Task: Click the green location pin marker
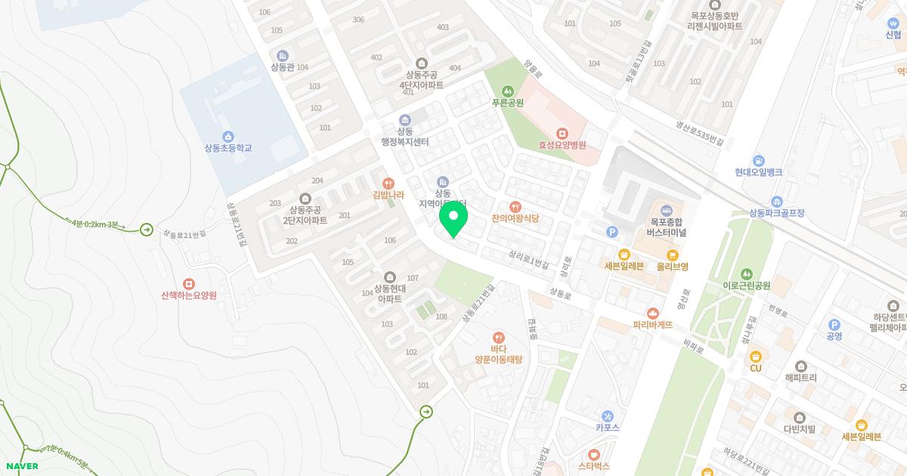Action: click(453, 220)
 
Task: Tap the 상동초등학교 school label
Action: click(228, 148)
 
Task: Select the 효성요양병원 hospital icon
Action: click(562, 133)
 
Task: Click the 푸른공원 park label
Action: click(507, 103)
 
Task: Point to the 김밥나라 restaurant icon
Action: click(388, 183)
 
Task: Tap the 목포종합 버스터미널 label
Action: click(666, 227)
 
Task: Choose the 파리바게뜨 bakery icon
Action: click(652, 313)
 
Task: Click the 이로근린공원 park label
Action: click(746, 286)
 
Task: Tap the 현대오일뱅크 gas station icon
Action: click(758, 160)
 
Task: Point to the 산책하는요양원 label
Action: click(189, 295)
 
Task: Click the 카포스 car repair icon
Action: click(608, 416)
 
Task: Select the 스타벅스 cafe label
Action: click(593, 466)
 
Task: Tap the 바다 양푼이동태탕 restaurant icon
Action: click(498, 337)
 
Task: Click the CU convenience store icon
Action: click(755, 355)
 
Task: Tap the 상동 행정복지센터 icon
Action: click(405, 120)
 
